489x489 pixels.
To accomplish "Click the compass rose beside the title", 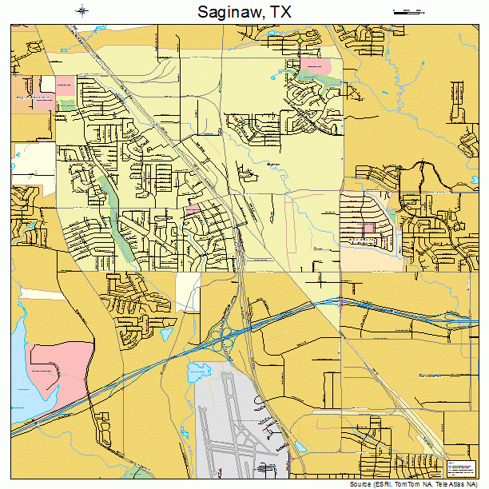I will click(82, 11).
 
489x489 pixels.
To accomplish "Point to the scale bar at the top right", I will click(407, 11).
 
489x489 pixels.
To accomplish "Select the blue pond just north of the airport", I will click(196, 371).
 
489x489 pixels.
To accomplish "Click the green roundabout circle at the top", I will click(300, 40).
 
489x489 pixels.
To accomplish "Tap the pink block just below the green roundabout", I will click(317, 65).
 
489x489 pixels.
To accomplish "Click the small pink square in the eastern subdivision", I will click(369, 229).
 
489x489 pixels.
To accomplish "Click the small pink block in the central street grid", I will click(193, 209).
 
